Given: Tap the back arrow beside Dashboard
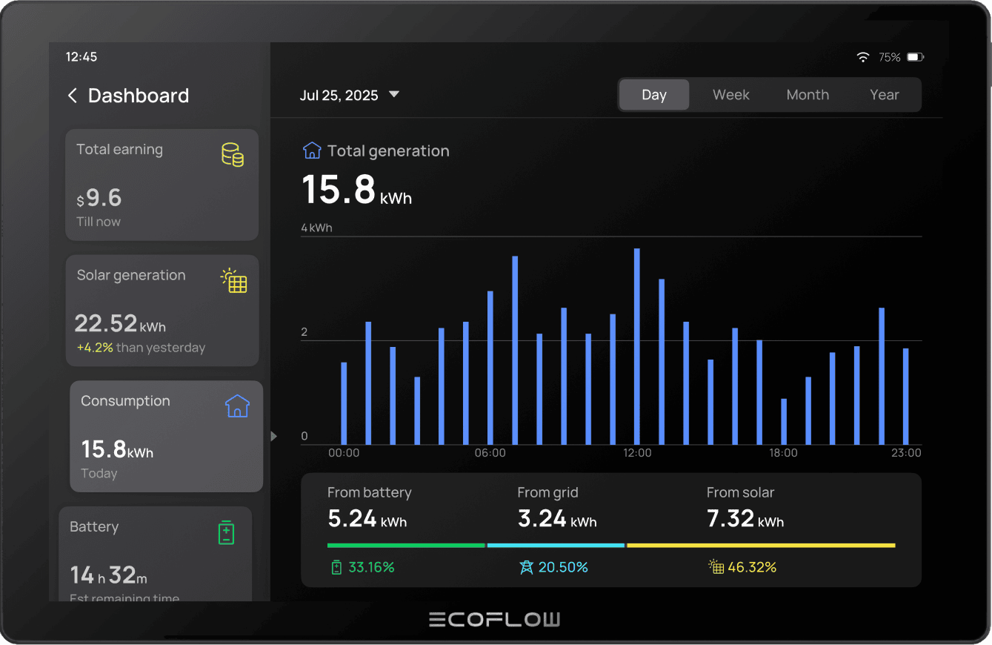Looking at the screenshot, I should coord(72,96).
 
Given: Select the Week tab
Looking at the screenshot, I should coord(730,95).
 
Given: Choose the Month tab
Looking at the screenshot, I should coord(808,95).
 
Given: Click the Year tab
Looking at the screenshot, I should coord(884,95).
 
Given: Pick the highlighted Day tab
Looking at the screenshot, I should coord(654,95).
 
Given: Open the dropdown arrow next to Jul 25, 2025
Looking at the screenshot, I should coord(394,94).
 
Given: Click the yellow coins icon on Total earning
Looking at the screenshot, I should coord(233,155).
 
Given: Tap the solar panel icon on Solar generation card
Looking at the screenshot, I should coord(234,281).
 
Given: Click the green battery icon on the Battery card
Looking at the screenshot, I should coord(226,532).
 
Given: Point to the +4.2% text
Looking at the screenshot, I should coord(95,348).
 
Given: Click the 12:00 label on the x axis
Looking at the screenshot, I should coord(637,453).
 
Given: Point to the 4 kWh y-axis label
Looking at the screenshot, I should coord(316,228).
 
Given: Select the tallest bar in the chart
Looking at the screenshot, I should coord(636,345).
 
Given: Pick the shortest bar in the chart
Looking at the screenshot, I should coord(783,421).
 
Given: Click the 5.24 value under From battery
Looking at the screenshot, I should coord(353,518).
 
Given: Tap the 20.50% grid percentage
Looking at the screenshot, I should coord(563,567).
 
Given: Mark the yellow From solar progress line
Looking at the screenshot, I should coord(761,546).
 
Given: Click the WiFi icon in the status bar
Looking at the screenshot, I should coord(862,57).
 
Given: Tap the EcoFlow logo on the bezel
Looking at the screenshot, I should coord(495,620).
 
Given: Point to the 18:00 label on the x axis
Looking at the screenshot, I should coord(783,453).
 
